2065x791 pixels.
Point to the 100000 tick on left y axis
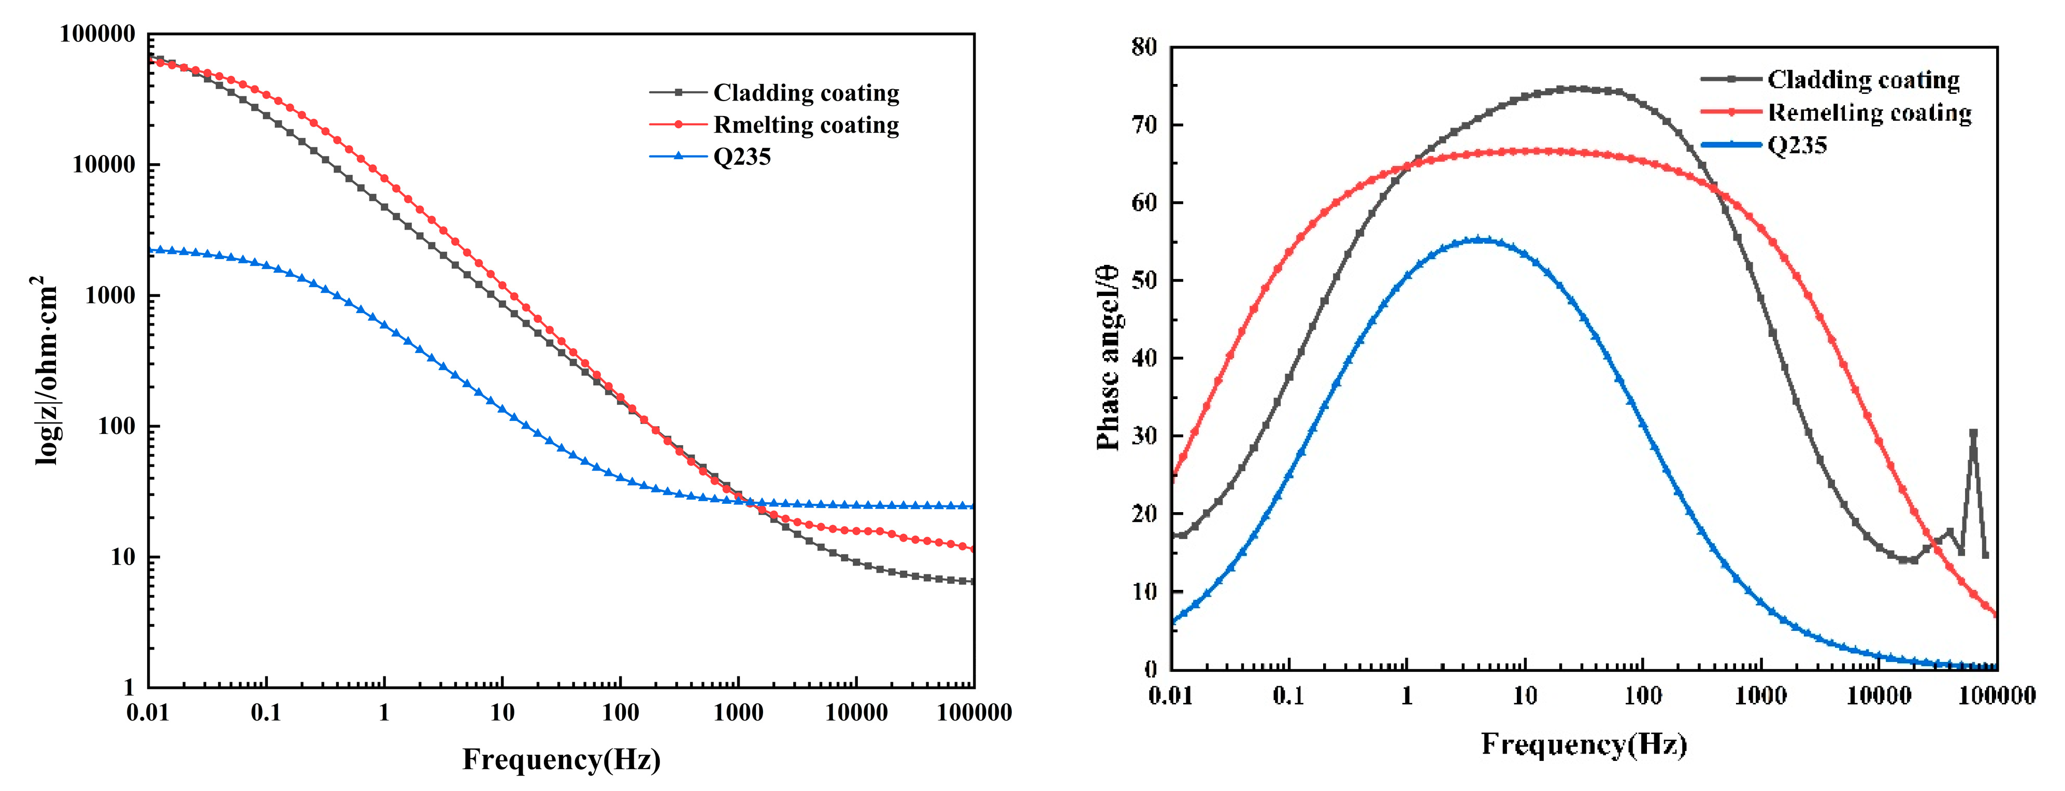click(98, 34)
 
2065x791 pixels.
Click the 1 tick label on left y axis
click(128, 687)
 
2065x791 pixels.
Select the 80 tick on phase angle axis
click(1144, 47)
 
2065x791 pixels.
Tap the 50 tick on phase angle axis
click(1144, 280)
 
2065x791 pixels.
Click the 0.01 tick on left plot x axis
click(148, 712)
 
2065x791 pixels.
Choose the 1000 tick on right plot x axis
click(1760, 696)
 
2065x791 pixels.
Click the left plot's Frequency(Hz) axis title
click(561, 759)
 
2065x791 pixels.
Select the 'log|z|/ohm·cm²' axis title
click(47, 369)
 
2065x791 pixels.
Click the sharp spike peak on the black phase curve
click(1973, 432)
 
